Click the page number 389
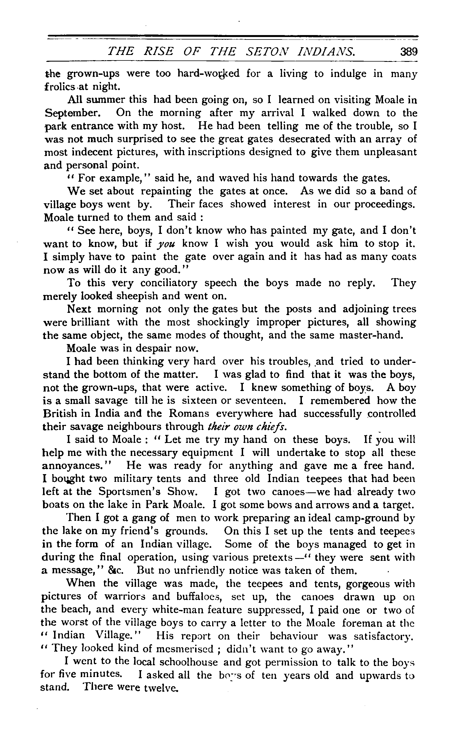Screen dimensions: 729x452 [x=409, y=52]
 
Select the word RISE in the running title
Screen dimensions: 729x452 [x=158, y=51]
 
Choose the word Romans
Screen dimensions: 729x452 [x=189, y=413]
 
